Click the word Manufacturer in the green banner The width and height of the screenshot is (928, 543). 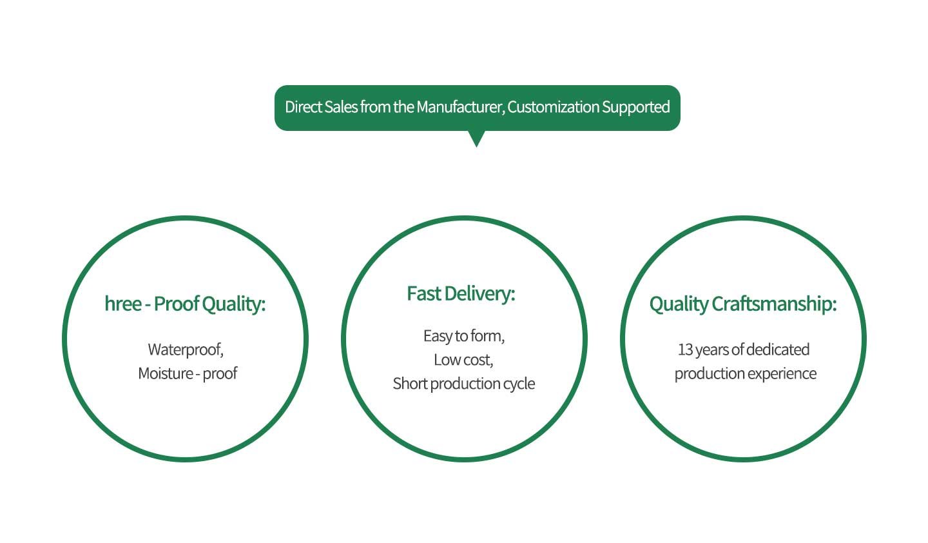coord(460,107)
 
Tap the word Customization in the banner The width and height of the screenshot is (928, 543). coord(553,107)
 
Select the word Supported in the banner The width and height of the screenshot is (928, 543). coord(636,108)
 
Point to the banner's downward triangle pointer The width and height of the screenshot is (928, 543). coord(476,139)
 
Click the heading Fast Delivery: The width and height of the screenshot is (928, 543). coord(461,294)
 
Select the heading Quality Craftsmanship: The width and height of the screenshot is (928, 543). coord(743,304)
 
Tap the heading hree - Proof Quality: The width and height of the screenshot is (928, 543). coord(185,304)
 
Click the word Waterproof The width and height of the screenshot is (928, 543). coord(185,350)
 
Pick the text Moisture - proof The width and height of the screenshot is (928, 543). coord(188,373)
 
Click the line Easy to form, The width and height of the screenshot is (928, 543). coord(464,336)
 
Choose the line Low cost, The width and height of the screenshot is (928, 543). coord(463,360)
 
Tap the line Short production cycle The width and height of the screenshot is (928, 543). coord(464,384)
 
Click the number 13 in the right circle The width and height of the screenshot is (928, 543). coord(685,350)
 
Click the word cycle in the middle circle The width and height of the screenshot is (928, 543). coord(519,384)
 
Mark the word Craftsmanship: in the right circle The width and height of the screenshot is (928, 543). coord(775,304)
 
